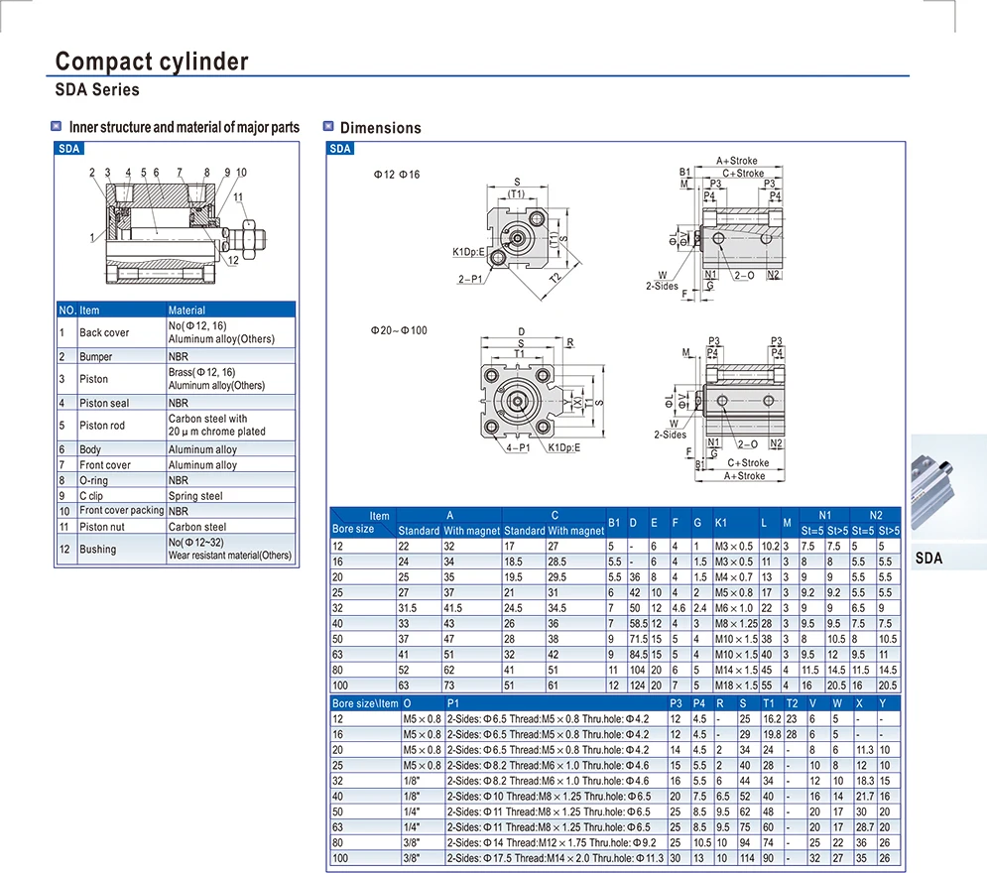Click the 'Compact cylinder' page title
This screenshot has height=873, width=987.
click(x=152, y=62)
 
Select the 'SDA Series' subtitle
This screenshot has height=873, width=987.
click(x=97, y=90)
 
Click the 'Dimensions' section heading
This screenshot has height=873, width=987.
click(x=380, y=128)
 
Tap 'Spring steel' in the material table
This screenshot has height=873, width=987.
click(x=195, y=496)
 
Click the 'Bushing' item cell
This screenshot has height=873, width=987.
click(x=97, y=550)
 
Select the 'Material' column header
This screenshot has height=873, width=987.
click(x=187, y=311)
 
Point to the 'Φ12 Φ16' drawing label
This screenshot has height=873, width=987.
click(x=397, y=175)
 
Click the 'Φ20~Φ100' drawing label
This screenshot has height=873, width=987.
click(x=400, y=330)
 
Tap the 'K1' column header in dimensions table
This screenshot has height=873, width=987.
click(x=721, y=522)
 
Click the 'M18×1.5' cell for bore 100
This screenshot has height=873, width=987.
click(x=736, y=686)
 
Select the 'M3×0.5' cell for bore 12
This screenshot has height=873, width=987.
click(x=735, y=546)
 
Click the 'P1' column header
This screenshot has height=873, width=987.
click(x=453, y=703)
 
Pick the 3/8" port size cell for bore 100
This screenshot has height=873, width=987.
click(x=412, y=857)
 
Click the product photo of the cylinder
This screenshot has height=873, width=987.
click(x=948, y=490)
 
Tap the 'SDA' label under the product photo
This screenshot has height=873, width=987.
click(x=928, y=559)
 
